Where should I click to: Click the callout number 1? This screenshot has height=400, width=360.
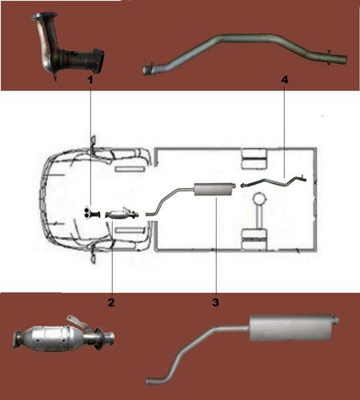pyautogui.click(x=90, y=79)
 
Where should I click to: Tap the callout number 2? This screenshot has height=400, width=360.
pyautogui.click(x=111, y=302)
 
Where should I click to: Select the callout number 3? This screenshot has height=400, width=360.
pyautogui.click(x=215, y=302)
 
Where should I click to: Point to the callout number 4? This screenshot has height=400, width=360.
pyautogui.click(x=285, y=79)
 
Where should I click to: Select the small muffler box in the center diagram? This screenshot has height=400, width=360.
pyautogui.click(x=213, y=190)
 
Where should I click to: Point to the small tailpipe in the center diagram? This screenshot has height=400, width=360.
pyautogui.click(x=274, y=182)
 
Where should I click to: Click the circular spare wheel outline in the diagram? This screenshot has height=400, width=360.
pyautogui.click(x=259, y=200)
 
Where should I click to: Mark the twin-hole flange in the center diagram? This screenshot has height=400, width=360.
pyautogui.click(x=87, y=213)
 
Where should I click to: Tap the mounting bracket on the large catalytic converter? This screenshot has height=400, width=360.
pyautogui.click(x=75, y=322)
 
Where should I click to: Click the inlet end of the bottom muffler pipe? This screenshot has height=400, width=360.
pyautogui.click(x=150, y=381)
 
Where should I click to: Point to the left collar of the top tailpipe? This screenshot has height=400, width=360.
pyautogui.click(x=151, y=68)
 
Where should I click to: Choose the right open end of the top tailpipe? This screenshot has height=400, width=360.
pyautogui.click(x=345, y=59)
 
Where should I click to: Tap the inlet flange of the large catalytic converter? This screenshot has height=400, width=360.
pyautogui.click(x=18, y=338)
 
